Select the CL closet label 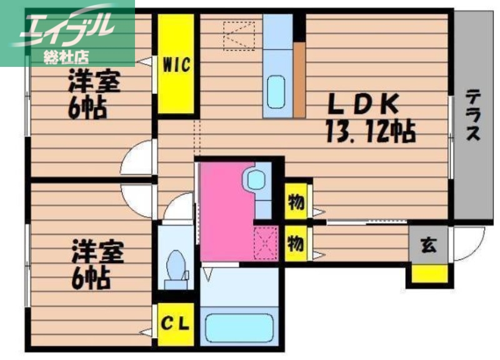(176, 324)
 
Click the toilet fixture (177, 266)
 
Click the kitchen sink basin (276, 91)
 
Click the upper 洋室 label (94, 82)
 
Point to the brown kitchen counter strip (299, 79)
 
